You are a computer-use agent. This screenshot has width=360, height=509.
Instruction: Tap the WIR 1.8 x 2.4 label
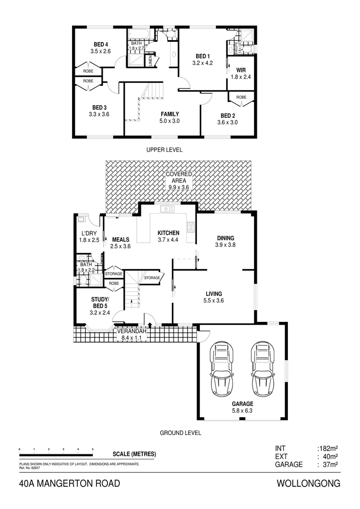pyautogui.click(x=241, y=73)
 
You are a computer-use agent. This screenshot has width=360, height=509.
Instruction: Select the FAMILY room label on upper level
pyautogui.click(x=170, y=117)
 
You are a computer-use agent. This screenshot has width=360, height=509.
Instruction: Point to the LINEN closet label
pyautogui.click(x=150, y=61)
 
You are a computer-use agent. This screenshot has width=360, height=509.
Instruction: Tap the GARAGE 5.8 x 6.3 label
pyautogui.click(x=242, y=407)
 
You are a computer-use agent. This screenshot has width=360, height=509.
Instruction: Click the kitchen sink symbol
pyautogui.click(x=167, y=209)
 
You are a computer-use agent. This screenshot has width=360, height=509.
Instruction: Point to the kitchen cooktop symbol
pyautogui.click(x=191, y=227)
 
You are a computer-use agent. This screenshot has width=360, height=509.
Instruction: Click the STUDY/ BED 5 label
pyautogui.click(x=100, y=305)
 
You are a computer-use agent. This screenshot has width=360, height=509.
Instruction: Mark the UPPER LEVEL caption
pyautogui.click(x=164, y=149)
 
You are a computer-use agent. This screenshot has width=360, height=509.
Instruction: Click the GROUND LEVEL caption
pyautogui.click(x=180, y=433)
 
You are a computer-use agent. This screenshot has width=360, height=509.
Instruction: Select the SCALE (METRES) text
pyautogui.click(x=134, y=454)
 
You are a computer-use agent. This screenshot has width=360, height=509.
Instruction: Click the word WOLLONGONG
pyautogui.click(x=309, y=484)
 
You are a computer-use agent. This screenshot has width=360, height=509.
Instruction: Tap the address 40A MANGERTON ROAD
pyautogui.click(x=70, y=484)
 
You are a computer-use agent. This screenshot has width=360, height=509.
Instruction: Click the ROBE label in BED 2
pyautogui.click(x=241, y=97)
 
